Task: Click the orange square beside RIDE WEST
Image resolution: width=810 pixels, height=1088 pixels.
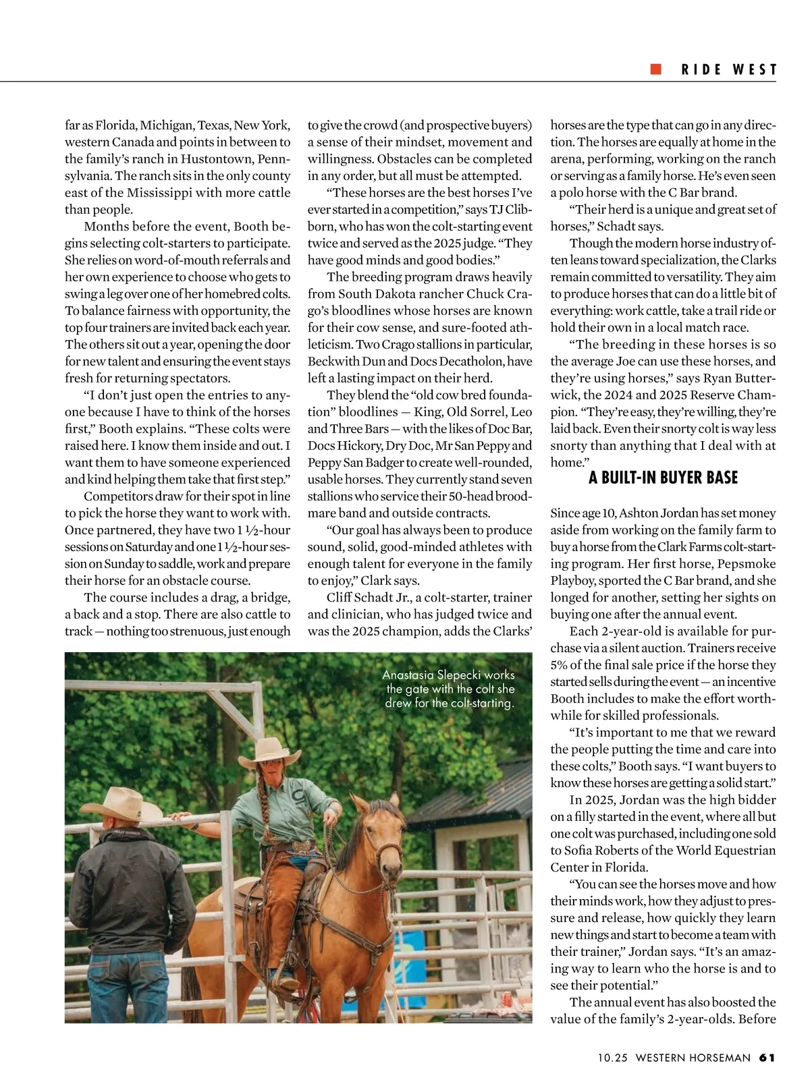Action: coord(655,69)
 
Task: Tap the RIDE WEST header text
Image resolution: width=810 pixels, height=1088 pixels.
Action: coord(729,70)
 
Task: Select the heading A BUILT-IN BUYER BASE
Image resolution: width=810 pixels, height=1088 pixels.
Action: coord(663,478)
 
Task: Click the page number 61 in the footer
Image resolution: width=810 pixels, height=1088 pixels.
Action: coord(767,1058)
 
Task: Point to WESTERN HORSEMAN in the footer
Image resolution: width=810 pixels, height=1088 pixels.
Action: coord(693,1058)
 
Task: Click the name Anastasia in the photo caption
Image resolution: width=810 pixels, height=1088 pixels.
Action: coord(408,675)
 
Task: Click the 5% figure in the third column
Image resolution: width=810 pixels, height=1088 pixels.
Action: coord(560,665)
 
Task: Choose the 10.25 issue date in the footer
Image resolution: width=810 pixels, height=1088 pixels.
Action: coord(612,1058)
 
